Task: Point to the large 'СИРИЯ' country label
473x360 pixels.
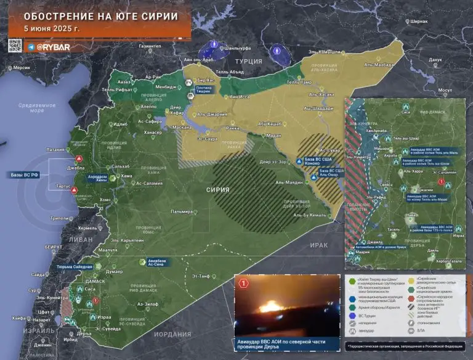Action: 217,190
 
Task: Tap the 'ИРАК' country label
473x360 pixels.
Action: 319,245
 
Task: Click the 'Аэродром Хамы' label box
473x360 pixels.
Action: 97,178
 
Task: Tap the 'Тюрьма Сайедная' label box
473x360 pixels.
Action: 75,267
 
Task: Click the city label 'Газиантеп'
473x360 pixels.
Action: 150,46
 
